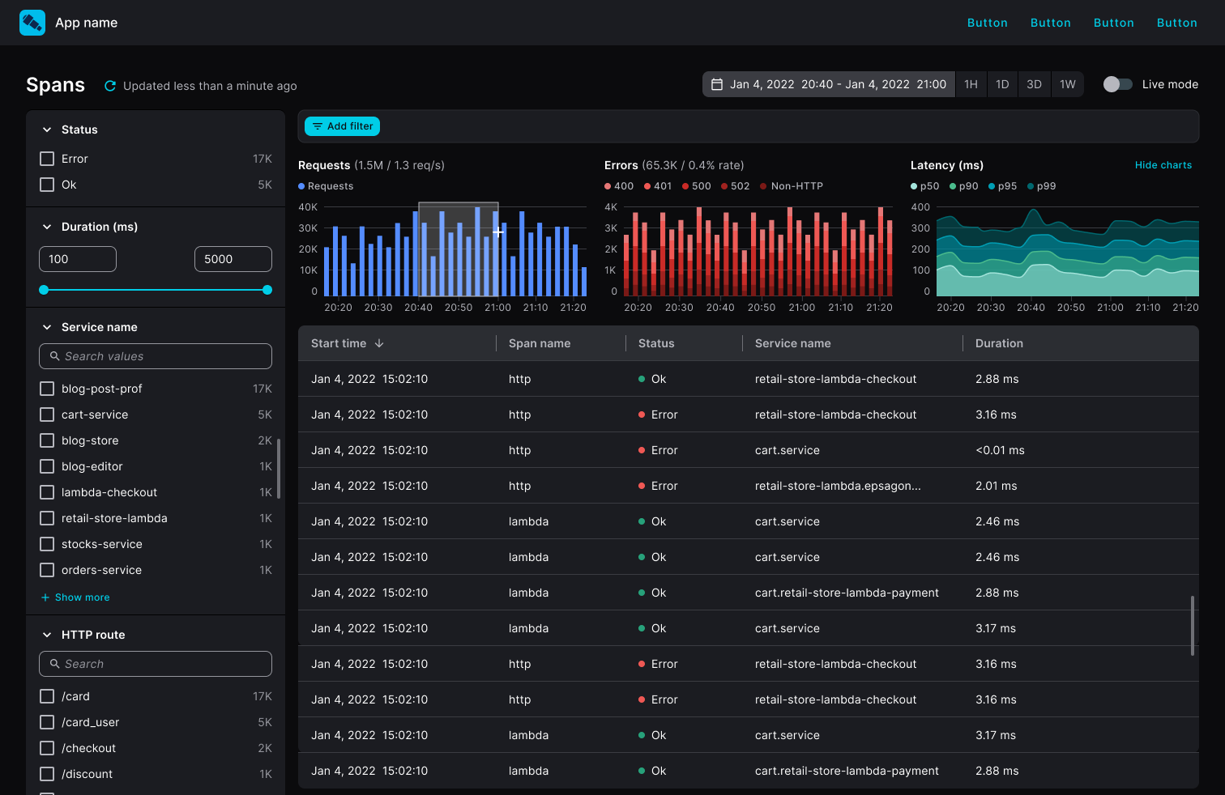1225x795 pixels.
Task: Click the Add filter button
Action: point(342,126)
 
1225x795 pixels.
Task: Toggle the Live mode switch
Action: point(1117,84)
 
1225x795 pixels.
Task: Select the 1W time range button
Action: point(1067,84)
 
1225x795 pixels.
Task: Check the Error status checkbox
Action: point(47,159)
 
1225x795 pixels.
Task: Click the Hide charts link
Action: point(1163,165)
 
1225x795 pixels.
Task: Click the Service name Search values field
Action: point(156,356)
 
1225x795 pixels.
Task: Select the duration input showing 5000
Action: point(233,259)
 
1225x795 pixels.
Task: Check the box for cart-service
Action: point(47,415)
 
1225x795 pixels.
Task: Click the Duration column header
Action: point(999,343)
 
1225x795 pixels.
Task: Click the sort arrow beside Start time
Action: point(379,343)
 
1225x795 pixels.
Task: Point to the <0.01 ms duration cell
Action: point(1000,450)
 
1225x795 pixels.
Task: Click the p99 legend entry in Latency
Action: point(1042,186)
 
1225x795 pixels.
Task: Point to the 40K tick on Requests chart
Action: point(308,207)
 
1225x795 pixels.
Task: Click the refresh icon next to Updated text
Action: point(110,86)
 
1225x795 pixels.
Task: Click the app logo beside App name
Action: point(32,23)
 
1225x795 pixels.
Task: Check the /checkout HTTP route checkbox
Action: point(47,748)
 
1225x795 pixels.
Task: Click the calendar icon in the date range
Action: point(717,84)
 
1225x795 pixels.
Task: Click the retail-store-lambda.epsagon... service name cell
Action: point(837,486)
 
